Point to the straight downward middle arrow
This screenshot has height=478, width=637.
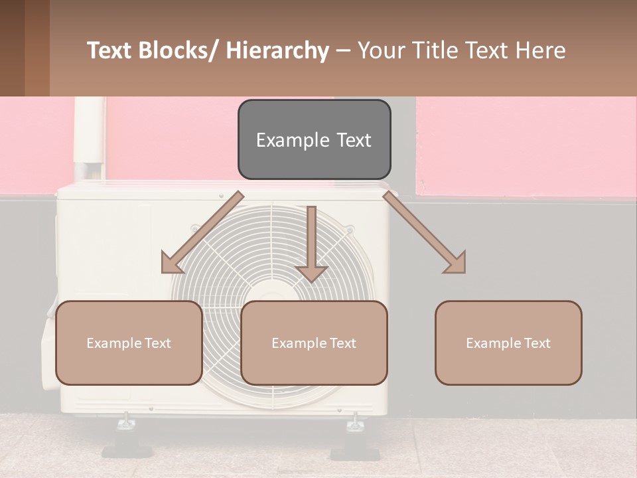click(x=311, y=243)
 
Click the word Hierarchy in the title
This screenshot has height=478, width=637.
click(x=277, y=51)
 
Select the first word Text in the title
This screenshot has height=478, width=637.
click(x=111, y=51)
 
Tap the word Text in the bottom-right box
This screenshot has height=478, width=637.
click(x=537, y=343)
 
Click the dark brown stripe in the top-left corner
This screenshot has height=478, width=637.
click(x=12, y=48)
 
